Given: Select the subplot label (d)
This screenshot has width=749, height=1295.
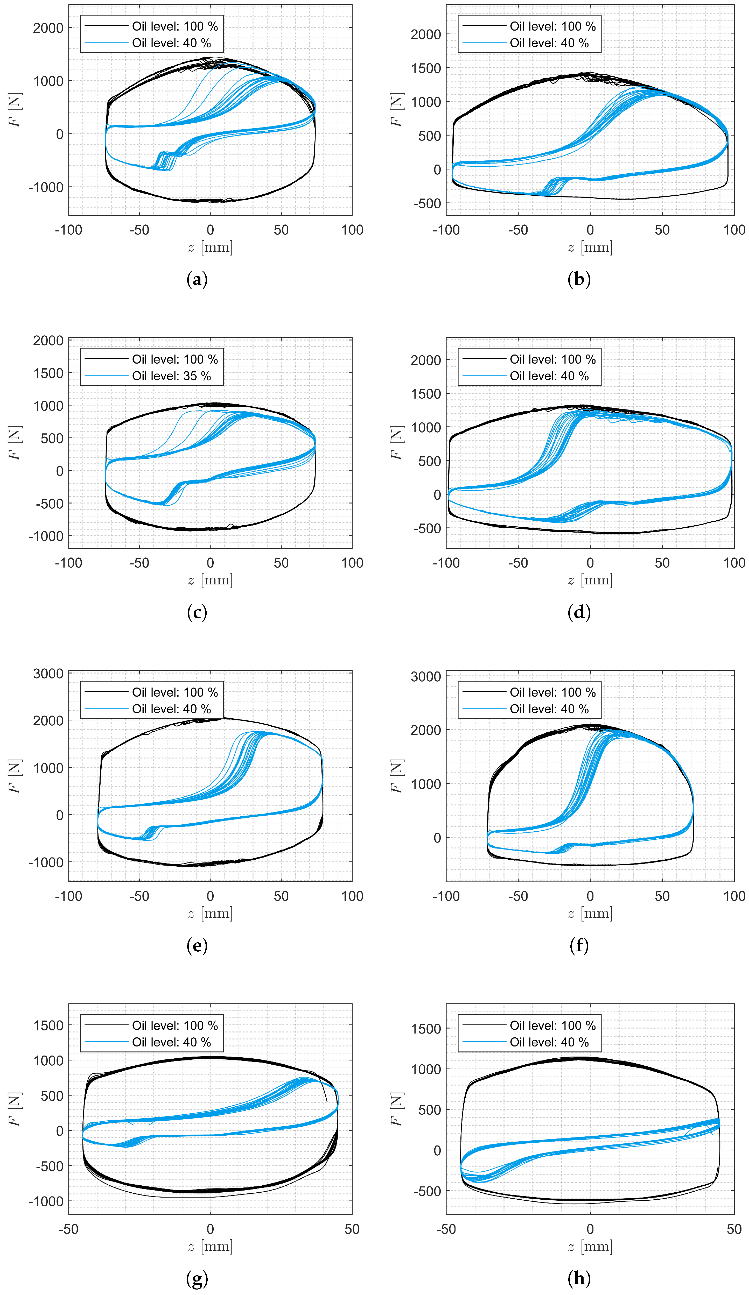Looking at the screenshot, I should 579,612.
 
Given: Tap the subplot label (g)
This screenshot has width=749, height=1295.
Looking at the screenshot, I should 197,1278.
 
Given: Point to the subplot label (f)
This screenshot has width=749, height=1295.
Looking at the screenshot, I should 579,945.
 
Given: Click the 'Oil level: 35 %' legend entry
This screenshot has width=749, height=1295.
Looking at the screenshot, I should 171,376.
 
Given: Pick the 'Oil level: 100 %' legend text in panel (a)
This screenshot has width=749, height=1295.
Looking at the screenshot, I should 175,26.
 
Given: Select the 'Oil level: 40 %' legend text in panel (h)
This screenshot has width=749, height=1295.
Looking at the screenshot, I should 549,1042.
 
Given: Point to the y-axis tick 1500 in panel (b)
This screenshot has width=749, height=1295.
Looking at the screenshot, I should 426,68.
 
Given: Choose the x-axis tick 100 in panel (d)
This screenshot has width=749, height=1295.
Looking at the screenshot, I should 734,563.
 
